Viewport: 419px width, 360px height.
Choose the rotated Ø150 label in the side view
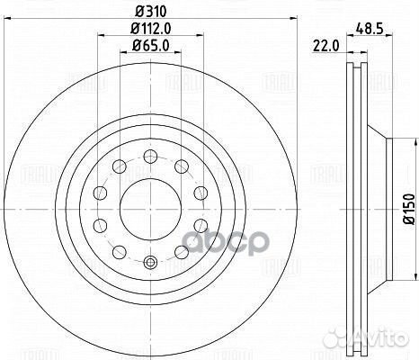406,208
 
